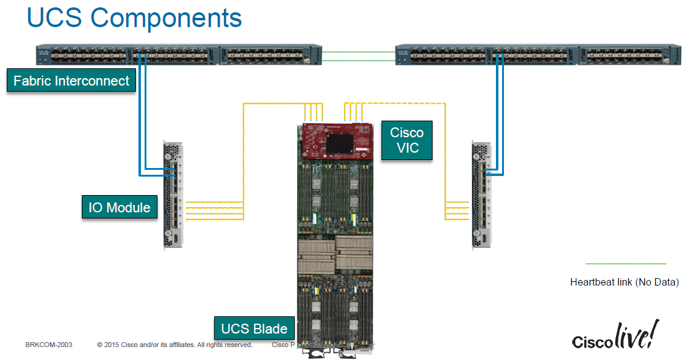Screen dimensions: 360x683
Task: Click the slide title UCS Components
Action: [x=134, y=18]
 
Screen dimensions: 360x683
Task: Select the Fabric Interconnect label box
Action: [x=71, y=81]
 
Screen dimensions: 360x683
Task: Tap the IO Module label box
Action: [x=119, y=207]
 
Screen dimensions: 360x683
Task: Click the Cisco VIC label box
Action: [x=407, y=140]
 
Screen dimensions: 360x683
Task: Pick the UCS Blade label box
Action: [x=254, y=329]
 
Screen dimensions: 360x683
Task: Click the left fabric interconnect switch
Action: [x=179, y=55]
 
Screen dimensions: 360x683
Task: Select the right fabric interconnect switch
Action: [x=538, y=55]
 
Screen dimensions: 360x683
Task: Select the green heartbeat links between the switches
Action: [x=359, y=56]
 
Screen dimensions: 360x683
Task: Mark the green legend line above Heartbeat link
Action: [x=626, y=263]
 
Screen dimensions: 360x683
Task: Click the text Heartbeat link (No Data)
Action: [x=624, y=282]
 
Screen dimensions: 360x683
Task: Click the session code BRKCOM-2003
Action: [x=49, y=345]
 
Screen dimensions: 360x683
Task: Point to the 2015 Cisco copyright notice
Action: [x=175, y=345]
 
